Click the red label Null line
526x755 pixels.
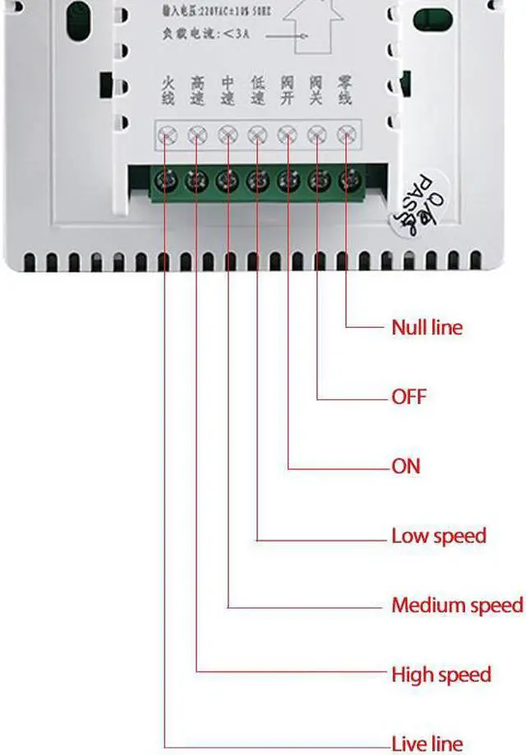[x=427, y=327]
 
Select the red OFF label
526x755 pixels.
[x=408, y=397]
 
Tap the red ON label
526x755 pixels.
[x=406, y=467]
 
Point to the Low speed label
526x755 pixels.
[x=439, y=536]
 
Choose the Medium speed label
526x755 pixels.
[x=457, y=605]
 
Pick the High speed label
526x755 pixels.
[x=441, y=675]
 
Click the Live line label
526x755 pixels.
[x=427, y=744]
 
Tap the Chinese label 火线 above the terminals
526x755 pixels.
[x=168, y=90]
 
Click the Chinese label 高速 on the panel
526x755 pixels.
[x=197, y=90]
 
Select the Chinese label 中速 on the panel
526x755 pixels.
[x=228, y=90]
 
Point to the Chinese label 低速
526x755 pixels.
[x=257, y=90]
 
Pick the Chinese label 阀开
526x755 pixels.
[x=287, y=90]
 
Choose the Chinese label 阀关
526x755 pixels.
[x=316, y=90]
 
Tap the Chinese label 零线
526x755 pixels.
[x=345, y=90]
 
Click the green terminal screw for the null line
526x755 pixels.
[x=351, y=177]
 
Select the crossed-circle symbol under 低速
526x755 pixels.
[x=257, y=134]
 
